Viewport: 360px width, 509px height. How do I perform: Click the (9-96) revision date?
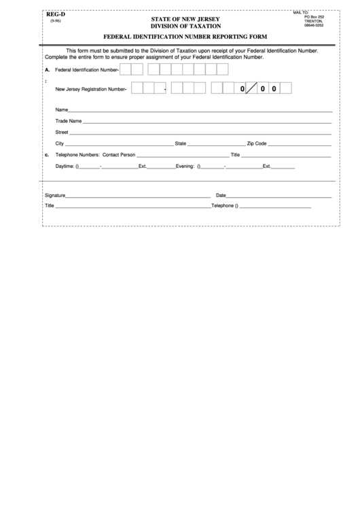(52, 21)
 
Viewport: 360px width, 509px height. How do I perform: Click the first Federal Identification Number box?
(125, 69)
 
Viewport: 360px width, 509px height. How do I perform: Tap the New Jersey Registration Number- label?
(91, 88)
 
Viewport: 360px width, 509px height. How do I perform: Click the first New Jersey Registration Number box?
(137, 88)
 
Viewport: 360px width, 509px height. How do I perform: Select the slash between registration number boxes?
(251, 88)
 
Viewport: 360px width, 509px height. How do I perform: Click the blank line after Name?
(200, 110)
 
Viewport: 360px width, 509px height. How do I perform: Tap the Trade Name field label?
(69, 121)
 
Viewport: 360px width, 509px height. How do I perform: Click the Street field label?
(62, 132)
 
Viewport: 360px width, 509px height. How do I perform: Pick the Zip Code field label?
(257, 143)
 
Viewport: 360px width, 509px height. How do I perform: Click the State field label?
(181, 143)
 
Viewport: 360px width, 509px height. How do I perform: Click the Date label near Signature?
(240, 195)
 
